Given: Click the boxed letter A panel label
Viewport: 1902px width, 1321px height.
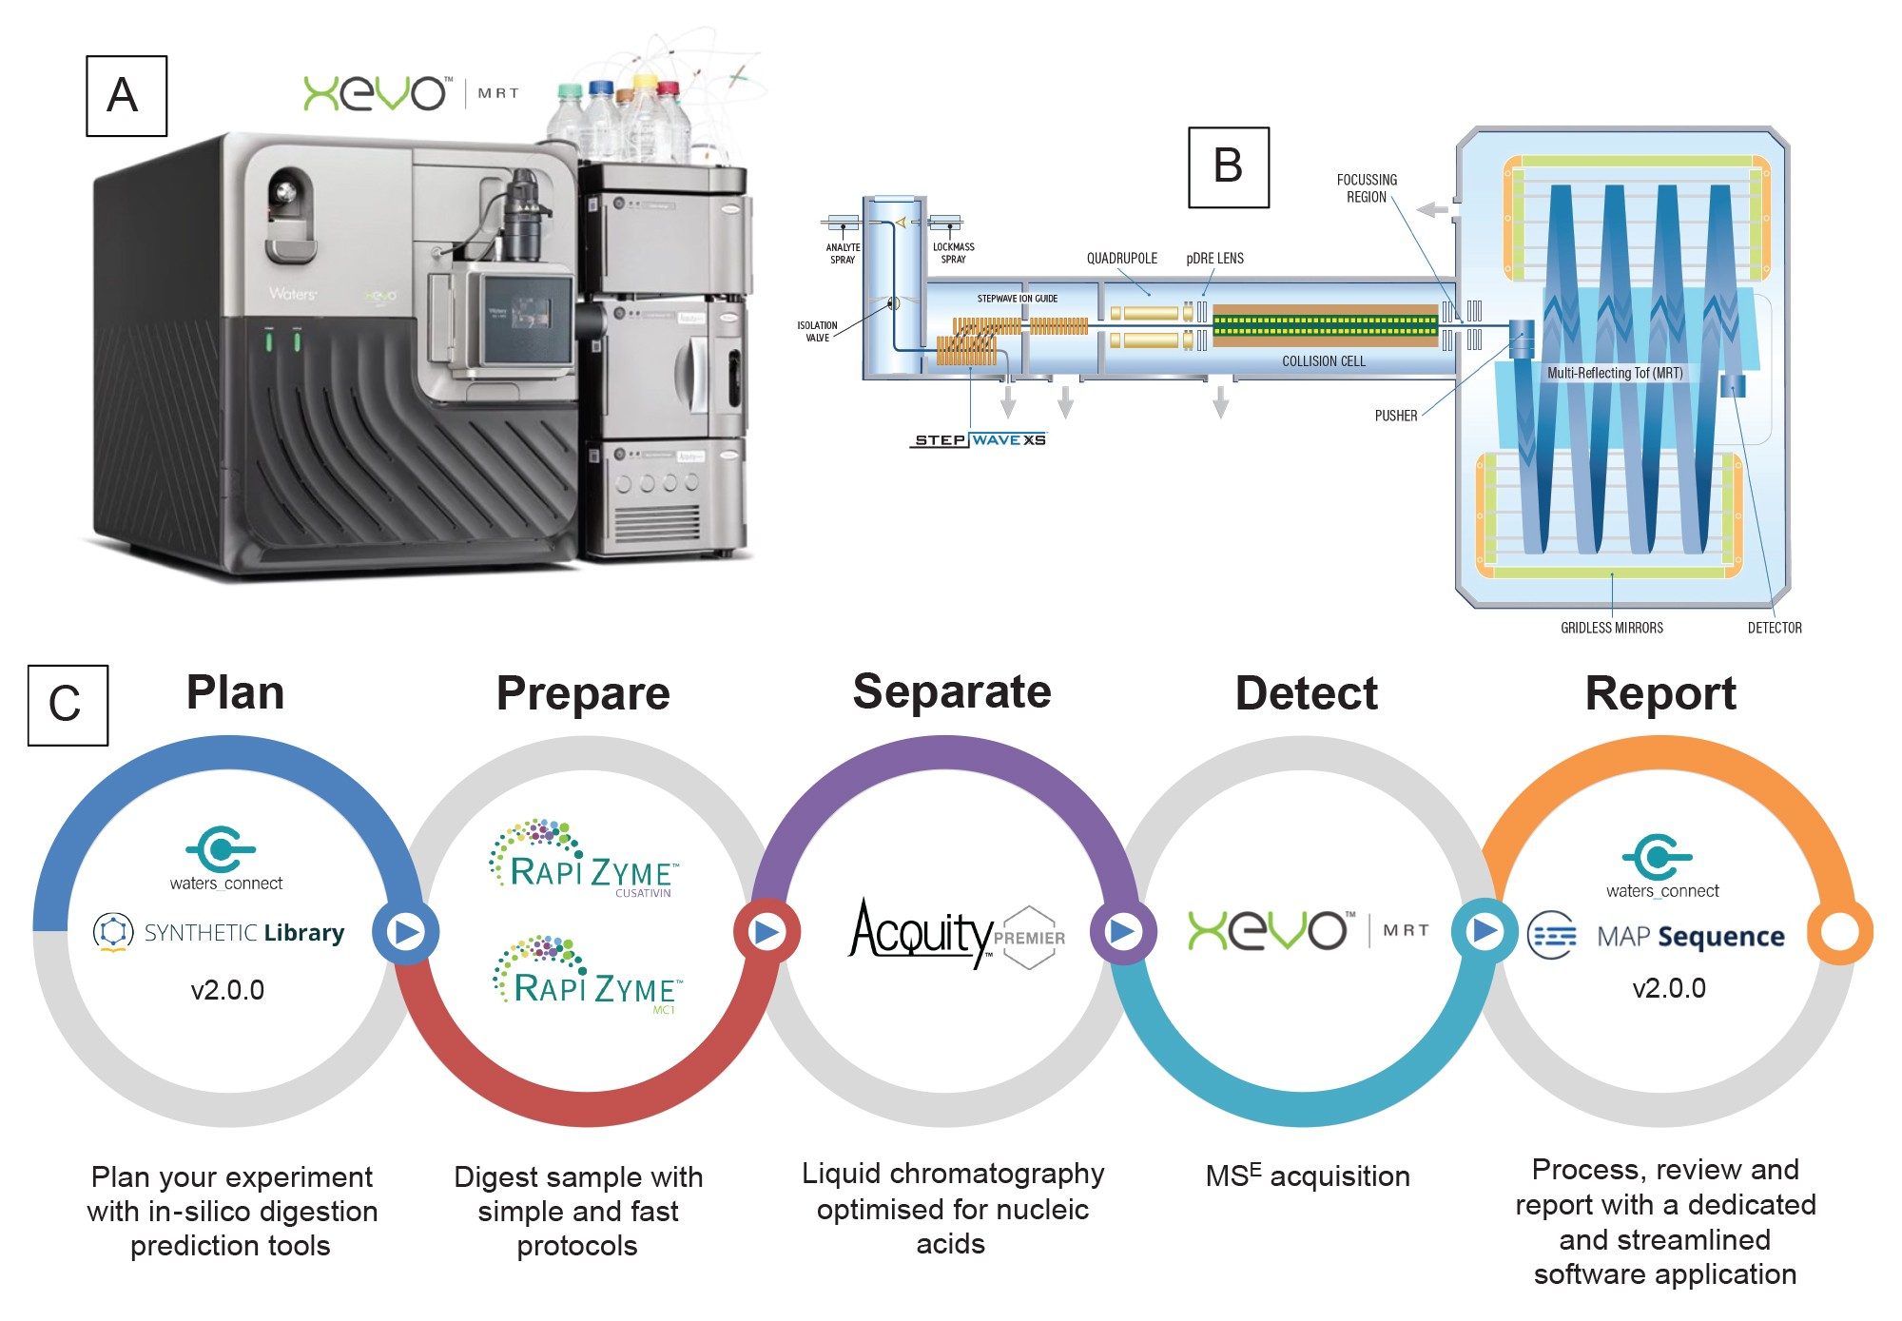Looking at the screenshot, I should click(126, 96).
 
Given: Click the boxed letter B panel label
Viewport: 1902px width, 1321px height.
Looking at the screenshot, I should click(1228, 166).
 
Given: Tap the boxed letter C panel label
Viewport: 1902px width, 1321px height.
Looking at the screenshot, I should click(68, 705).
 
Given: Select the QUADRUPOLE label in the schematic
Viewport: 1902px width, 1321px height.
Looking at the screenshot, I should click(1121, 259).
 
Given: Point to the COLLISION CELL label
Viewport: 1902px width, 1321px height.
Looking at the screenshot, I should click(1323, 361).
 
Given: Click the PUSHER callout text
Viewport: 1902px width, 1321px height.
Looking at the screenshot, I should click(1395, 416).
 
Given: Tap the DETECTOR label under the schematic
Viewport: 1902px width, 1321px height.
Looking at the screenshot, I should click(1774, 628).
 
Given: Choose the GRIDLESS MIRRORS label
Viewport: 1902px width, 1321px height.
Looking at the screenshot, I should click(1611, 628).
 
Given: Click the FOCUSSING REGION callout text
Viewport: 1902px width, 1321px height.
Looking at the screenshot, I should click(1367, 188).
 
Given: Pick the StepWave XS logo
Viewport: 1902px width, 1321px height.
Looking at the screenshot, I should click(979, 440).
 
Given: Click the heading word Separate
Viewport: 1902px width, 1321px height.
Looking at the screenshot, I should click(952, 691).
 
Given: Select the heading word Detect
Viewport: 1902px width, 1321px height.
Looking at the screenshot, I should click(1306, 693).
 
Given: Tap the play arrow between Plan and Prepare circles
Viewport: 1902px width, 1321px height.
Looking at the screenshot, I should click(406, 932).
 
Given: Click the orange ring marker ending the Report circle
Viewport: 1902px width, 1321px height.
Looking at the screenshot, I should click(1839, 932).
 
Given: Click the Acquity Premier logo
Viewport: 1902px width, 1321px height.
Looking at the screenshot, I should click(956, 933).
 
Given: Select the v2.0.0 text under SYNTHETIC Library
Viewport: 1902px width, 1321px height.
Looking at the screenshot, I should click(227, 990).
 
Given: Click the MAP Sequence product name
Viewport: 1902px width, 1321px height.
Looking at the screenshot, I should click(1690, 937).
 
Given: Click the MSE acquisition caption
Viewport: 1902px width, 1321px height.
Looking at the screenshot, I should click(1307, 1176).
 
